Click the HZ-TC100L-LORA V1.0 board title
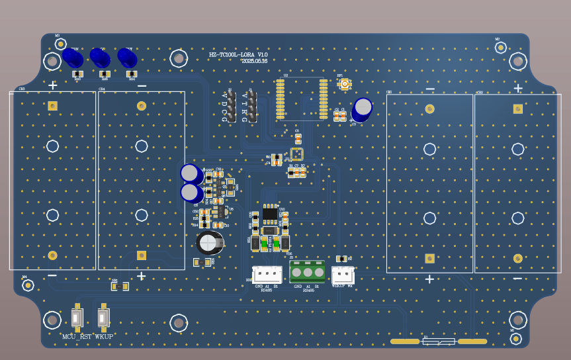tap(238, 55)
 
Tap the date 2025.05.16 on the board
tap(255, 61)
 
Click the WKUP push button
tap(103, 318)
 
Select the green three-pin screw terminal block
tap(308, 271)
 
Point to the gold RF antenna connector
tap(344, 83)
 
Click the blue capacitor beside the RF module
tap(363, 107)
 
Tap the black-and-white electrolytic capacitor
tap(210, 242)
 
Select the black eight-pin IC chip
tap(270, 214)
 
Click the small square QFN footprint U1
tap(297, 154)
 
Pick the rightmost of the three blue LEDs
tap(126, 58)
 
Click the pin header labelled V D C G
tap(232, 107)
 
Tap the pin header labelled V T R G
tap(252, 107)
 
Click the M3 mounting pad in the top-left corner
tap(60, 44)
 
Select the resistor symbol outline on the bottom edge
tap(439, 341)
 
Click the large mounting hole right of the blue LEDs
tap(179, 58)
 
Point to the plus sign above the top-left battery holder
tap(53, 85)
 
